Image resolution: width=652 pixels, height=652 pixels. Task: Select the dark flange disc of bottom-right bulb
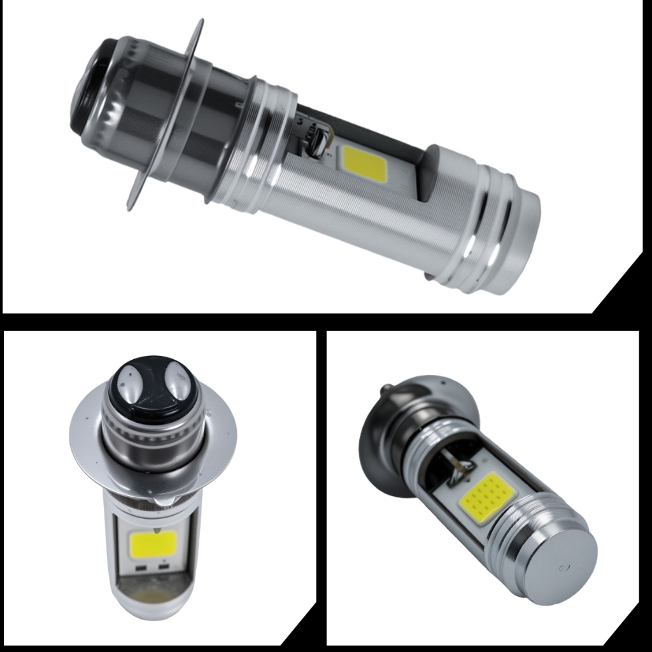[382, 446]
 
